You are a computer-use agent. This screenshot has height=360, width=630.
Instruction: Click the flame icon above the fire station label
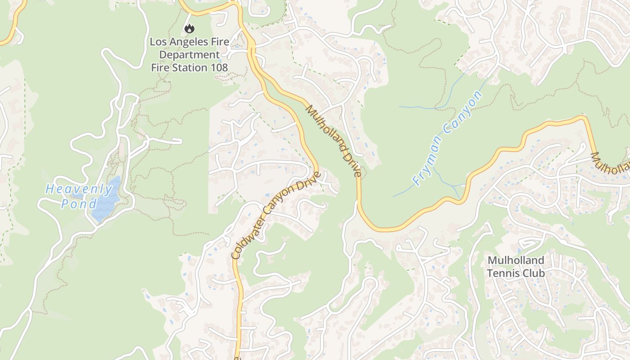[x=189, y=29]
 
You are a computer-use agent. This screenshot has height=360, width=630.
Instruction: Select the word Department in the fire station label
[x=189, y=55]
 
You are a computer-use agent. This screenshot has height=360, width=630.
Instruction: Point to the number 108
[x=218, y=68]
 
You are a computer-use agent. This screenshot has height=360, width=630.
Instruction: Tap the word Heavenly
[x=79, y=189]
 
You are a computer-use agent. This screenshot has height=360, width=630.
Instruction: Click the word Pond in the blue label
[x=79, y=203]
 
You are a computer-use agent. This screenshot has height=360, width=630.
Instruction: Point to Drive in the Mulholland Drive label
[x=353, y=167]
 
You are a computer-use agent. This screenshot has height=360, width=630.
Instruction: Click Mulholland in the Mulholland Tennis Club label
[x=516, y=261]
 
